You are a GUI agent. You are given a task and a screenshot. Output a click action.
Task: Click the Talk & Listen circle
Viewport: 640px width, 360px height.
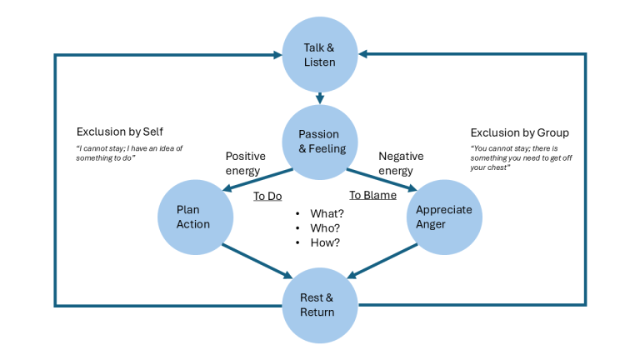click(320, 55)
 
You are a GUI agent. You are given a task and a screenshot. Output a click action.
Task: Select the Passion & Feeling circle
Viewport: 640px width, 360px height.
click(320, 142)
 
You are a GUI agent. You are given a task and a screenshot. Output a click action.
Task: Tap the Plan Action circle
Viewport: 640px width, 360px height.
click(193, 217)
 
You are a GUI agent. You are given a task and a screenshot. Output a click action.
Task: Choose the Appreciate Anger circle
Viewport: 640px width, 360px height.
click(445, 217)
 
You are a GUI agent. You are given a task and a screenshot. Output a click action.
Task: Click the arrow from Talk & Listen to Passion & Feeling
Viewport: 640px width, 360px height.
click(320, 98)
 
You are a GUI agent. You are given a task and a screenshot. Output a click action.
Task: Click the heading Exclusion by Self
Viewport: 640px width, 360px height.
click(121, 132)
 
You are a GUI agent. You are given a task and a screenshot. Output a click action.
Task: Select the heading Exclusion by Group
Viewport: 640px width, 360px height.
click(519, 132)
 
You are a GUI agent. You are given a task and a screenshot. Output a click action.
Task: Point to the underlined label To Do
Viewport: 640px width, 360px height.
click(268, 196)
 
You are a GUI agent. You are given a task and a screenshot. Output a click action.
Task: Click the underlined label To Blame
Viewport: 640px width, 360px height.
click(372, 196)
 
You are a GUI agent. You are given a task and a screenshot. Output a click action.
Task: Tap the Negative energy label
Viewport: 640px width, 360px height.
click(401, 162)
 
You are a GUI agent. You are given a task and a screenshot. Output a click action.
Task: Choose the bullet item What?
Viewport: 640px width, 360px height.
click(325, 213)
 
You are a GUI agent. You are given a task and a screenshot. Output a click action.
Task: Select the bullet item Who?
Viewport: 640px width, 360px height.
click(324, 227)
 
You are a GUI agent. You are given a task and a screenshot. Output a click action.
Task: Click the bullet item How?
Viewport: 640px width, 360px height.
click(324, 242)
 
